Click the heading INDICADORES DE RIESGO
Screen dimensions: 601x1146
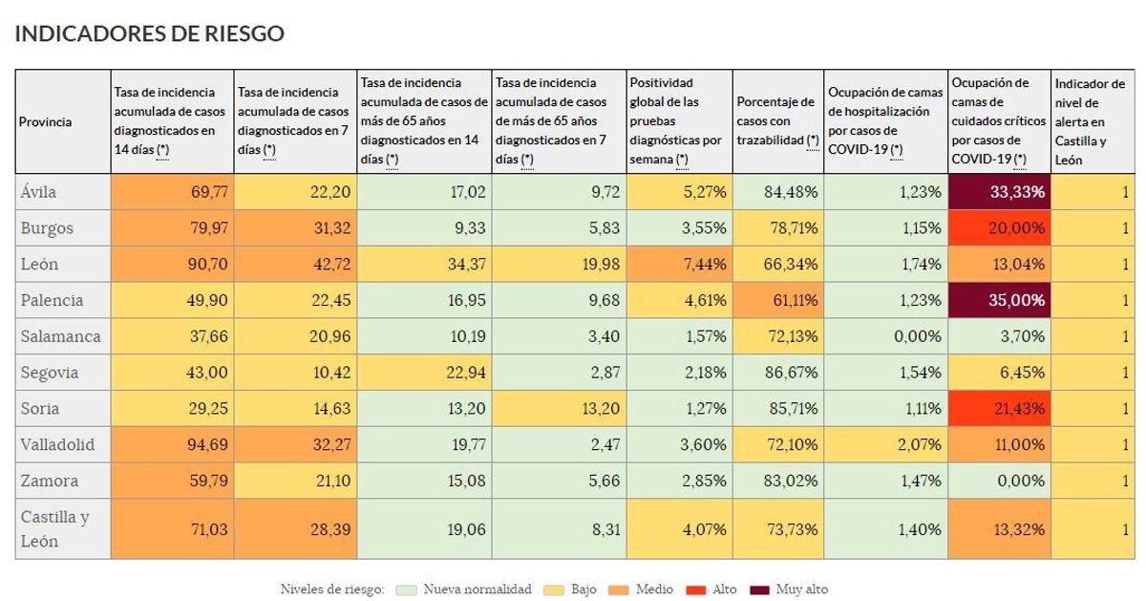(x=150, y=33)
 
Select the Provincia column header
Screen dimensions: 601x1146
(x=46, y=122)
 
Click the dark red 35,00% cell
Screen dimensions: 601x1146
(x=1000, y=300)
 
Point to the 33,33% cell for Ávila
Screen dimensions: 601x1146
(x=1000, y=192)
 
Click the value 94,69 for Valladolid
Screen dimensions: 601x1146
(x=173, y=445)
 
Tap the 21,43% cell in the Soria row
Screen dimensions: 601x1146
(x=1000, y=409)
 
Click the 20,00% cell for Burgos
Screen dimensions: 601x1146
(x=1000, y=228)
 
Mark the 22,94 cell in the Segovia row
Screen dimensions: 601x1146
(x=424, y=373)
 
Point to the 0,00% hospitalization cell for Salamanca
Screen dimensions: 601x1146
(x=885, y=336)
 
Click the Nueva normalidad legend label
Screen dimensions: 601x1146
(x=477, y=590)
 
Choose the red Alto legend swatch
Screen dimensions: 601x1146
(x=697, y=590)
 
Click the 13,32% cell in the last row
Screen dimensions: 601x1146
(x=1000, y=529)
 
